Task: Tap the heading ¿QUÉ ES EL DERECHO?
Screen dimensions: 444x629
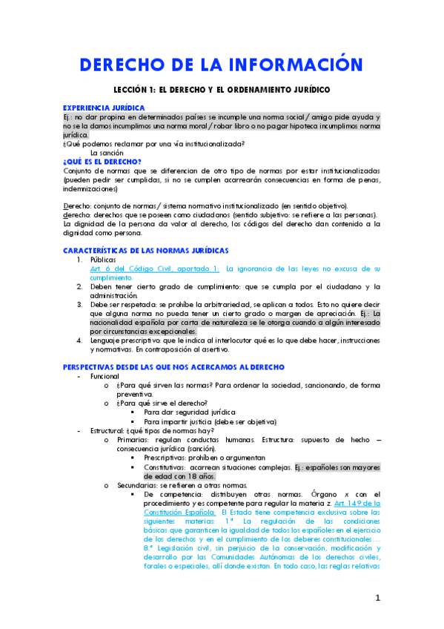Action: pos(102,160)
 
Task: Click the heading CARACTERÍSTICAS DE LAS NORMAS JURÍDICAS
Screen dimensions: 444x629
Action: pos(146,251)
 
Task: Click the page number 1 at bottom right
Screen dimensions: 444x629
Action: pos(377,598)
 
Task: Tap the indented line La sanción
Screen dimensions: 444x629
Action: pos(107,152)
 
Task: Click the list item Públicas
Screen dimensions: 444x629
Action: pos(103,260)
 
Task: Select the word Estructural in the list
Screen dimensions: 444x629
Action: pos(108,430)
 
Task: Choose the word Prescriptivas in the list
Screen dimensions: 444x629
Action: pos(167,458)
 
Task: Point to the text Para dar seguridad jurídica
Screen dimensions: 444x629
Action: pos(190,412)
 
